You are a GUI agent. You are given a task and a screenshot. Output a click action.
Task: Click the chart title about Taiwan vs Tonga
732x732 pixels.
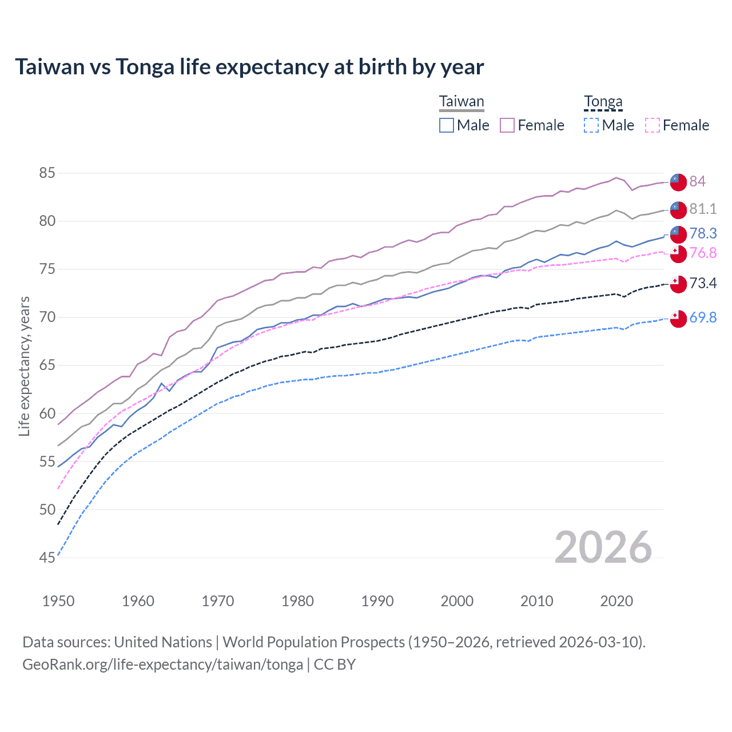(x=249, y=67)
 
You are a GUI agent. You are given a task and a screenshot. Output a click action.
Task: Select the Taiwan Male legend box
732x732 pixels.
(x=447, y=125)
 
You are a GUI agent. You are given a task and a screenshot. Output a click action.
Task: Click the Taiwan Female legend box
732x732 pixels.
(x=507, y=125)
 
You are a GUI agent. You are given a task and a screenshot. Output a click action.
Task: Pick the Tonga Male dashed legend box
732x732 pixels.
(x=591, y=125)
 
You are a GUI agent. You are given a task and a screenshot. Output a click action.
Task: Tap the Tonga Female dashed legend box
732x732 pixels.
(x=653, y=125)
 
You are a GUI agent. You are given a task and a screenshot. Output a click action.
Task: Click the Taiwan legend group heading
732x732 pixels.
(x=462, y=102)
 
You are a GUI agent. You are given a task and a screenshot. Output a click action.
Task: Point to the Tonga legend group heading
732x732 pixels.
(x=603, y=102)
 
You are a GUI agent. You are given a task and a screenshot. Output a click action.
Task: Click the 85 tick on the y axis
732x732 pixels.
(x=47, y=173)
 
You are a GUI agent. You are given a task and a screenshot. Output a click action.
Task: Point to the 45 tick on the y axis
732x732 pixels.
(x=47, y=558)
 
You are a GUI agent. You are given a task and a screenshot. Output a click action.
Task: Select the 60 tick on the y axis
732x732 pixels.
(x=47, y=413)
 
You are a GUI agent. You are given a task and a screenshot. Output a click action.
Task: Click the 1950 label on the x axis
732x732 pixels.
(x=58, y=601)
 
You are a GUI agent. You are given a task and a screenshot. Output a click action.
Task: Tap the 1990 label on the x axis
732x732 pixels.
(x=377, y=601)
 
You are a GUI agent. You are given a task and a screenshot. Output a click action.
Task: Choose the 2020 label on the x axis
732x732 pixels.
(x=616, y=601)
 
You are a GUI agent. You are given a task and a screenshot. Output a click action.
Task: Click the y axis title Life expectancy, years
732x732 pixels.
(x=24, y=366)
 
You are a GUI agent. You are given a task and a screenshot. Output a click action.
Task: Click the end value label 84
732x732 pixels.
(x=697, y=181)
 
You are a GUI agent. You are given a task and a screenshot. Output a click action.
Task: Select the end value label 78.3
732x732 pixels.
(x=703, y=233)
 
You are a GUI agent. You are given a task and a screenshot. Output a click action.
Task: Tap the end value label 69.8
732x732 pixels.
(x=703, y=317)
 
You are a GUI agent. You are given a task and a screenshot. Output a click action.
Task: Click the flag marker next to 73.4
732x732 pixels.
(x=678, y=284)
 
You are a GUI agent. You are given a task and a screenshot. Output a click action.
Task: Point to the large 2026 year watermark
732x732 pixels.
(x=603, y=547)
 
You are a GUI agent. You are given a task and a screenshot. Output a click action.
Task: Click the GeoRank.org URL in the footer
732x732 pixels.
(x=162, y=665)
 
